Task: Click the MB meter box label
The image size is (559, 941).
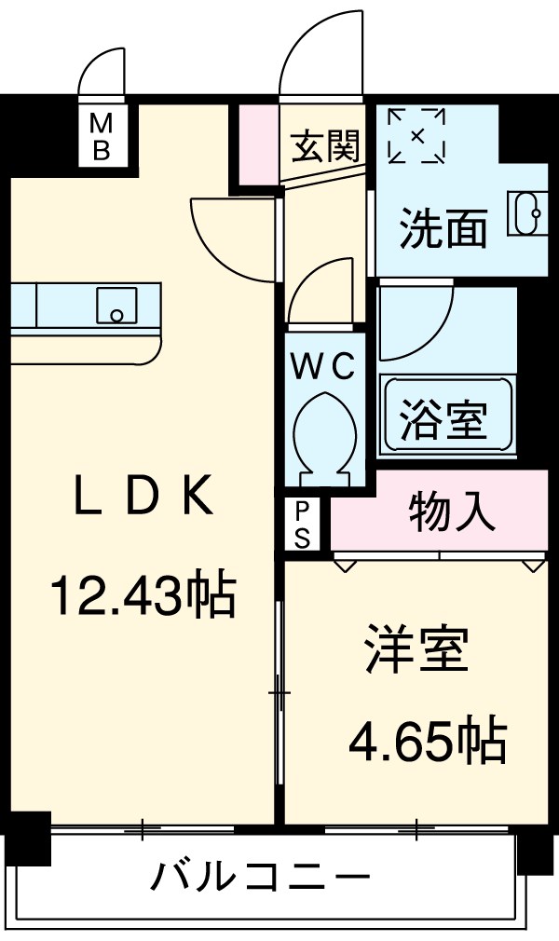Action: tap(102, 137)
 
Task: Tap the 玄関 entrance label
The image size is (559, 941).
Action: tap(325, 146)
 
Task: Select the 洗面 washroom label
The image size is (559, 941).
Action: tap(443, 227)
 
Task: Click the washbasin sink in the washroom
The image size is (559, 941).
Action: tap(527, 213)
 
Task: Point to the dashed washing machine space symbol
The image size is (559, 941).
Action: tap(416, 136)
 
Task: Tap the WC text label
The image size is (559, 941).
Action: tap(323, 367)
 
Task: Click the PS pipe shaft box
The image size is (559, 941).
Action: tap(302, 525)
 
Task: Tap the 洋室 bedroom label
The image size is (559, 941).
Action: tap(416, 649)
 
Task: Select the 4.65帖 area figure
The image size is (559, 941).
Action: tap(429, 741)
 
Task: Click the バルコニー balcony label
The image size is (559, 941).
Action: tap(260, 879)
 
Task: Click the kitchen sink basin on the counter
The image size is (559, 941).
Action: tap(116, 306)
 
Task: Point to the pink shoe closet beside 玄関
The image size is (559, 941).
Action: tap(259, 144)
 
